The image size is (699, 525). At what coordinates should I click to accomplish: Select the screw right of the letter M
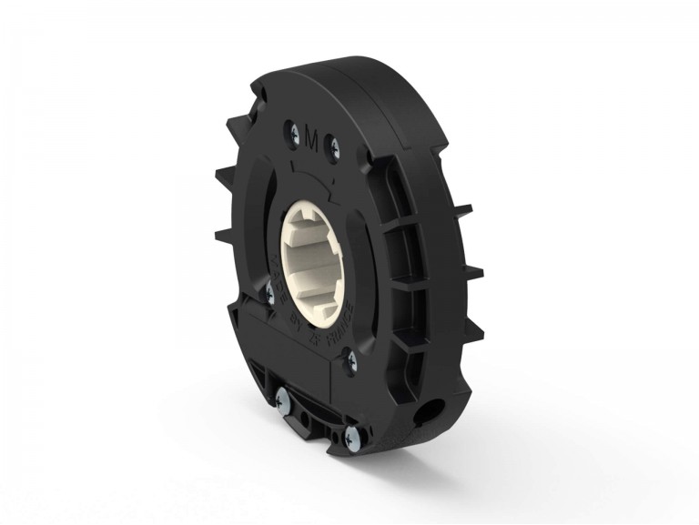334,146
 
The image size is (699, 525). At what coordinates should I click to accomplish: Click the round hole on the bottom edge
424,411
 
